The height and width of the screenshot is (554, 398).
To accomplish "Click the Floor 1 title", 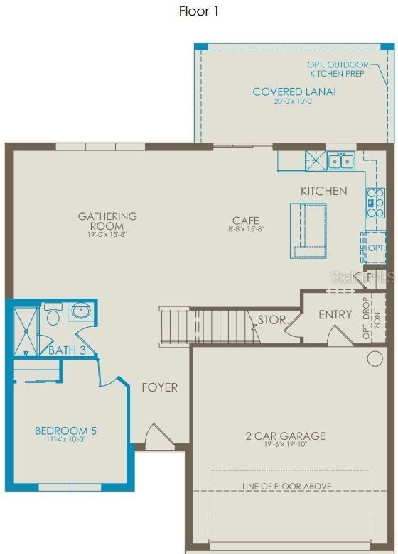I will pyautogui.click(x=199, y=11).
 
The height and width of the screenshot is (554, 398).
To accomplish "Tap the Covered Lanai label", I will pyautogui.click(x=294, y=92).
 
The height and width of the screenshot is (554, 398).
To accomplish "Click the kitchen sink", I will pyautogui.click(x=340, y=162).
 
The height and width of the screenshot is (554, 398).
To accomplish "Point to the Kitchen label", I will pyautogui.click(x=323, y=191).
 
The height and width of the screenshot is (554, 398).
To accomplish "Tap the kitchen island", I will pyautogui.click(x=308, y=230).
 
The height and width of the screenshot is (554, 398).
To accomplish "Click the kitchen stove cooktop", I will pyautogui.click(x=375, y=203).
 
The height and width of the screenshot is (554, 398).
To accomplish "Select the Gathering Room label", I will pyautogui.click(x=107, y=221).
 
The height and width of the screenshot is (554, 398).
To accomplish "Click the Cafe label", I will pyautogui.click(x=245, y=221).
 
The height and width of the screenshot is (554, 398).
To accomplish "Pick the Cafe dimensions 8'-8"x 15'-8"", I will pyautogui.click(x=245, y=230).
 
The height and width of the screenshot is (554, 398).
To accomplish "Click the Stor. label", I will pyautogui.click(x=271, y=320).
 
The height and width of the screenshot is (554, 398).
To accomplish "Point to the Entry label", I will pyautogui.click(x=335, y=315).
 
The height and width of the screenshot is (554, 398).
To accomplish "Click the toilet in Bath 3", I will pyautogui.click(x=53, y=314).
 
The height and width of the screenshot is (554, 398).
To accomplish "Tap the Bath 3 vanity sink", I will pyautogui.click(x=80, y=311).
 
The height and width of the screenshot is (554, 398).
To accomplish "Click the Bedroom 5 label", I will pyautogui.click(x=66, y=431).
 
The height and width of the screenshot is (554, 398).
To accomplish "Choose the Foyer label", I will pyautogui.click(x=159, y=387).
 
